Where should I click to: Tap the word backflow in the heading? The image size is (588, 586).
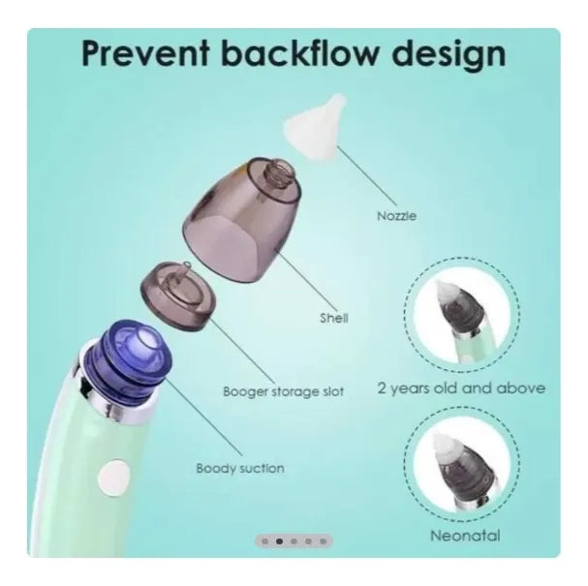pos(299,52)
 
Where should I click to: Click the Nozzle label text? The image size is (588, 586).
pos(396,216)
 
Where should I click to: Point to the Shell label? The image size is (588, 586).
pos(334,318)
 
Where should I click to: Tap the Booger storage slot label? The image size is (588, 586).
pos(283,391)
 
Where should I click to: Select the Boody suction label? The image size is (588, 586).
pos(240,468)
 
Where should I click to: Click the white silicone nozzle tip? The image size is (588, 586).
pos(316,127)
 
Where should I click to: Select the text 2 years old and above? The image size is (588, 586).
pos(461,388)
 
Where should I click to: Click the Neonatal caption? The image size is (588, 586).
pos(465,536)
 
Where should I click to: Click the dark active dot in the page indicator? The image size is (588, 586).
pos(279,541)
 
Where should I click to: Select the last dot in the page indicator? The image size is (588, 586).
pos(323,541)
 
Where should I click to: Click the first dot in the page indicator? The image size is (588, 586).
pos(264,541)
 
